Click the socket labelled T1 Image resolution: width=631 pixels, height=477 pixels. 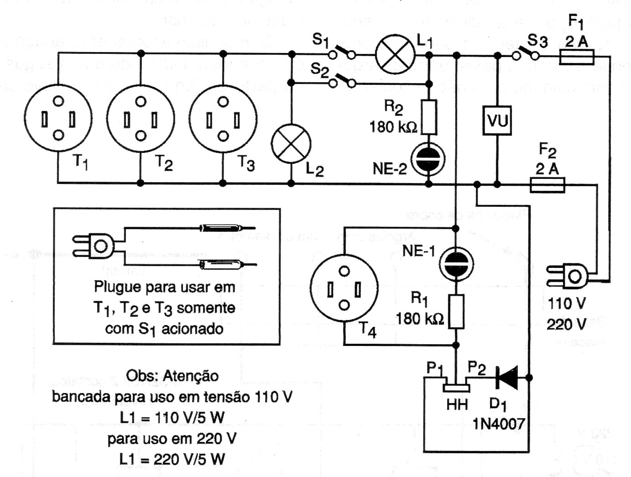[58, 118]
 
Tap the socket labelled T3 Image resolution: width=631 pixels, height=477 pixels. [223, 118]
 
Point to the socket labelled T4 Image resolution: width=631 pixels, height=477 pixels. [344, 288]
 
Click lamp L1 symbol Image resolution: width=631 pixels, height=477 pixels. [395, 54]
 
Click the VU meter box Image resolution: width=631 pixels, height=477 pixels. [497, 121]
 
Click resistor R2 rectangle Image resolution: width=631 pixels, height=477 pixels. [428, 117]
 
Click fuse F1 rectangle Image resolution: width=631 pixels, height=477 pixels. [577, 58]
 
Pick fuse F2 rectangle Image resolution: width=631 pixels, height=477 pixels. [548, 185]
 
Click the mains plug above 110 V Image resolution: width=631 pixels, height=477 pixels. [570, 275]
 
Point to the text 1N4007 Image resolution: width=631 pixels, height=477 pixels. [499, 424]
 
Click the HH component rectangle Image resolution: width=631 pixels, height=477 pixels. [456, 388]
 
